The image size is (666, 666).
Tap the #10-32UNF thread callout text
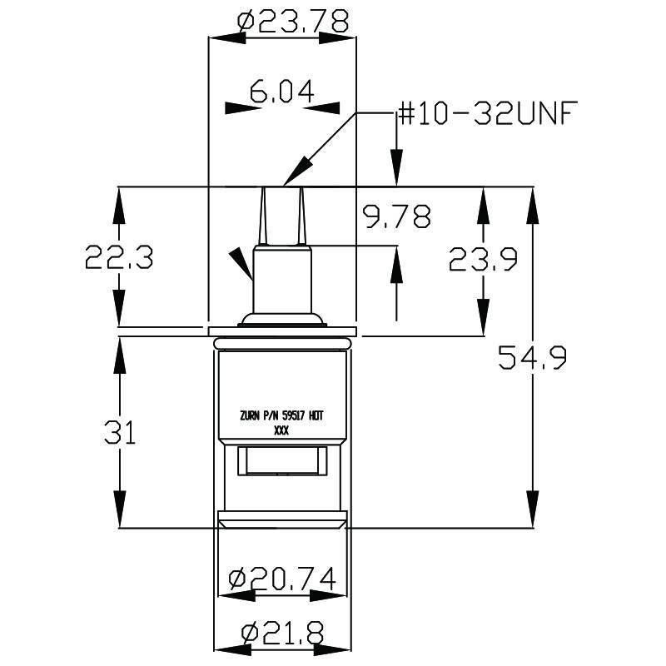coord(487,113)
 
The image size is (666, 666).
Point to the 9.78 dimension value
coord(397,217)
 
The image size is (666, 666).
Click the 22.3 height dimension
coord(118,258)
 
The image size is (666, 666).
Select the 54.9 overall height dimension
coord(532,358)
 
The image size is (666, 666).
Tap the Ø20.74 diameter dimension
coord(282,577)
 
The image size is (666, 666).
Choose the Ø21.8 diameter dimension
coord(282,633)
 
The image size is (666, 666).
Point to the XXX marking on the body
coord(281,432)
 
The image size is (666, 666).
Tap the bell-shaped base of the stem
coord(281,319)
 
